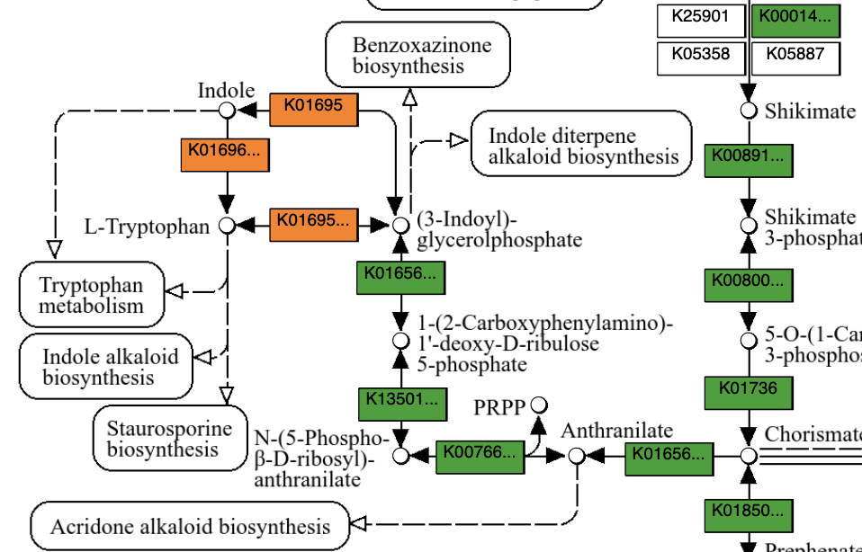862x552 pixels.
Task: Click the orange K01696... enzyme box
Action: [x=225, y=155]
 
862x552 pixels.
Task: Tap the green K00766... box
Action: [x=480, y=457]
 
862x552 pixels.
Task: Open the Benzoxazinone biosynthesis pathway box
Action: [x=418, y=55]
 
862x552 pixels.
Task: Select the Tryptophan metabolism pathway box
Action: [x=92, y=295]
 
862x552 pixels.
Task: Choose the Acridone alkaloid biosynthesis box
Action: [x=190, y=527]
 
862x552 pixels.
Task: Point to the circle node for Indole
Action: [x=227, y=110]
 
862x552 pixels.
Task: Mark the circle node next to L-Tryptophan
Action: [x=227, y=226]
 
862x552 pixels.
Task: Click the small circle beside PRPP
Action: [x=539, y=405]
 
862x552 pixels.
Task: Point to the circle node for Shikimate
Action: [x=748, y=111]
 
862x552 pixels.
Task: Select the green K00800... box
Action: [x=748, y=284]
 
